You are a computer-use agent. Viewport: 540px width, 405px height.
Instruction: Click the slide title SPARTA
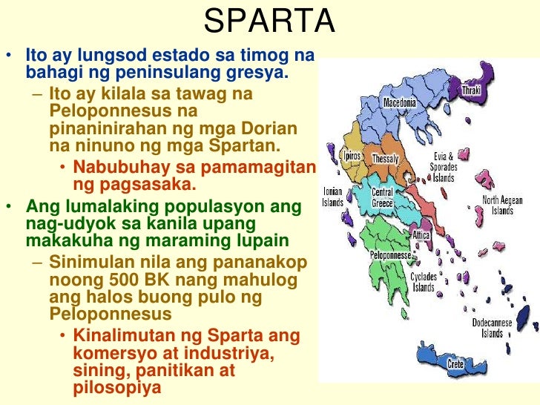point(269,22)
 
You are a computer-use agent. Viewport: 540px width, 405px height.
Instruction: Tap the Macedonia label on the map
point(400,102)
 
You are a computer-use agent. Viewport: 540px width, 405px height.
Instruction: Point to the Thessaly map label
point(385,159)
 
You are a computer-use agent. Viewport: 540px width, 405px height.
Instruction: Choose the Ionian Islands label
point(333,197)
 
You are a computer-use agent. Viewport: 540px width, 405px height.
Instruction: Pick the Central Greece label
point(382,197)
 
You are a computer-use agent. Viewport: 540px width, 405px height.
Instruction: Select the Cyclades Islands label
point(424,282)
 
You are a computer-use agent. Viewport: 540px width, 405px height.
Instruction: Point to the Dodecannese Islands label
point(497,327)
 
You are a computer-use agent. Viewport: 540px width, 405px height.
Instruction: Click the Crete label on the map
point(455,364)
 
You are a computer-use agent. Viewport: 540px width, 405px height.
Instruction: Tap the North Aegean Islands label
point(502,205)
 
